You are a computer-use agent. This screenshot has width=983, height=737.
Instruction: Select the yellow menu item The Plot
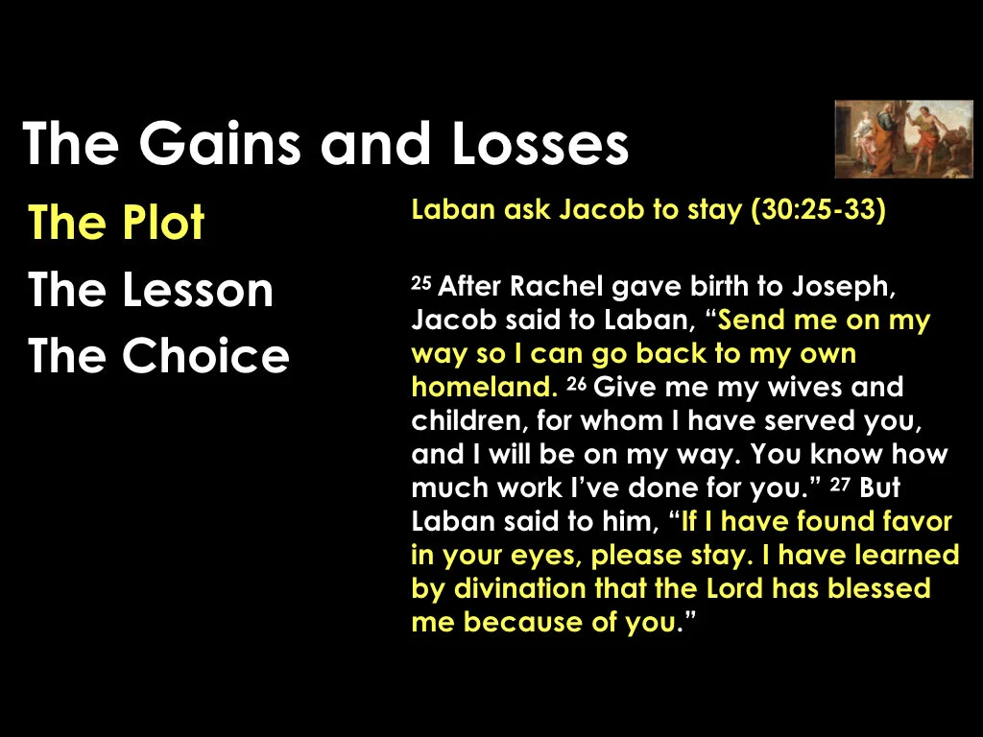coord(116,224)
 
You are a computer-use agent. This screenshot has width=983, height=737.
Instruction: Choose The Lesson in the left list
coord(151,290)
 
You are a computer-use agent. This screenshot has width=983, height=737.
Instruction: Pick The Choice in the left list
coord(158,356)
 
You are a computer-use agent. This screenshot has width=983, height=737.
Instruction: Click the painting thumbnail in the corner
coord(903,138)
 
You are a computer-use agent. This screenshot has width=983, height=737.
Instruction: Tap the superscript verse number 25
coord(421,282)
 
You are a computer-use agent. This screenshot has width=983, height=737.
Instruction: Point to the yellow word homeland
coord(482,388)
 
